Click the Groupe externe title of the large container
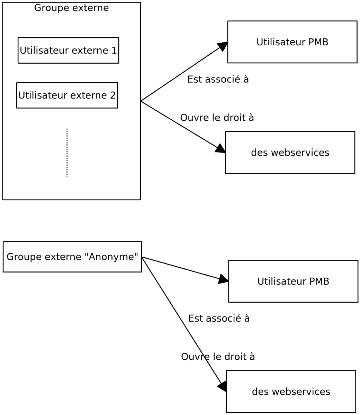71,8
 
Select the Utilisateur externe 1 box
68,50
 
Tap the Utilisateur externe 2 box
67,95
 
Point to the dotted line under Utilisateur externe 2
67,153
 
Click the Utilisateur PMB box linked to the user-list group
292,42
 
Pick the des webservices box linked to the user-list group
290,153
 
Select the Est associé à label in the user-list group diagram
218,80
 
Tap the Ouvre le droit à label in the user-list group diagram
217,118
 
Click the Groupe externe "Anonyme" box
72,257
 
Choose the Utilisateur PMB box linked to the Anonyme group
293,282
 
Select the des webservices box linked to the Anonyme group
291,392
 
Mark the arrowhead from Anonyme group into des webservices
222,386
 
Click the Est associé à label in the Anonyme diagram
219,318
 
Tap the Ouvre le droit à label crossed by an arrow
218,357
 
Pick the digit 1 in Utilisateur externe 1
114,50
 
